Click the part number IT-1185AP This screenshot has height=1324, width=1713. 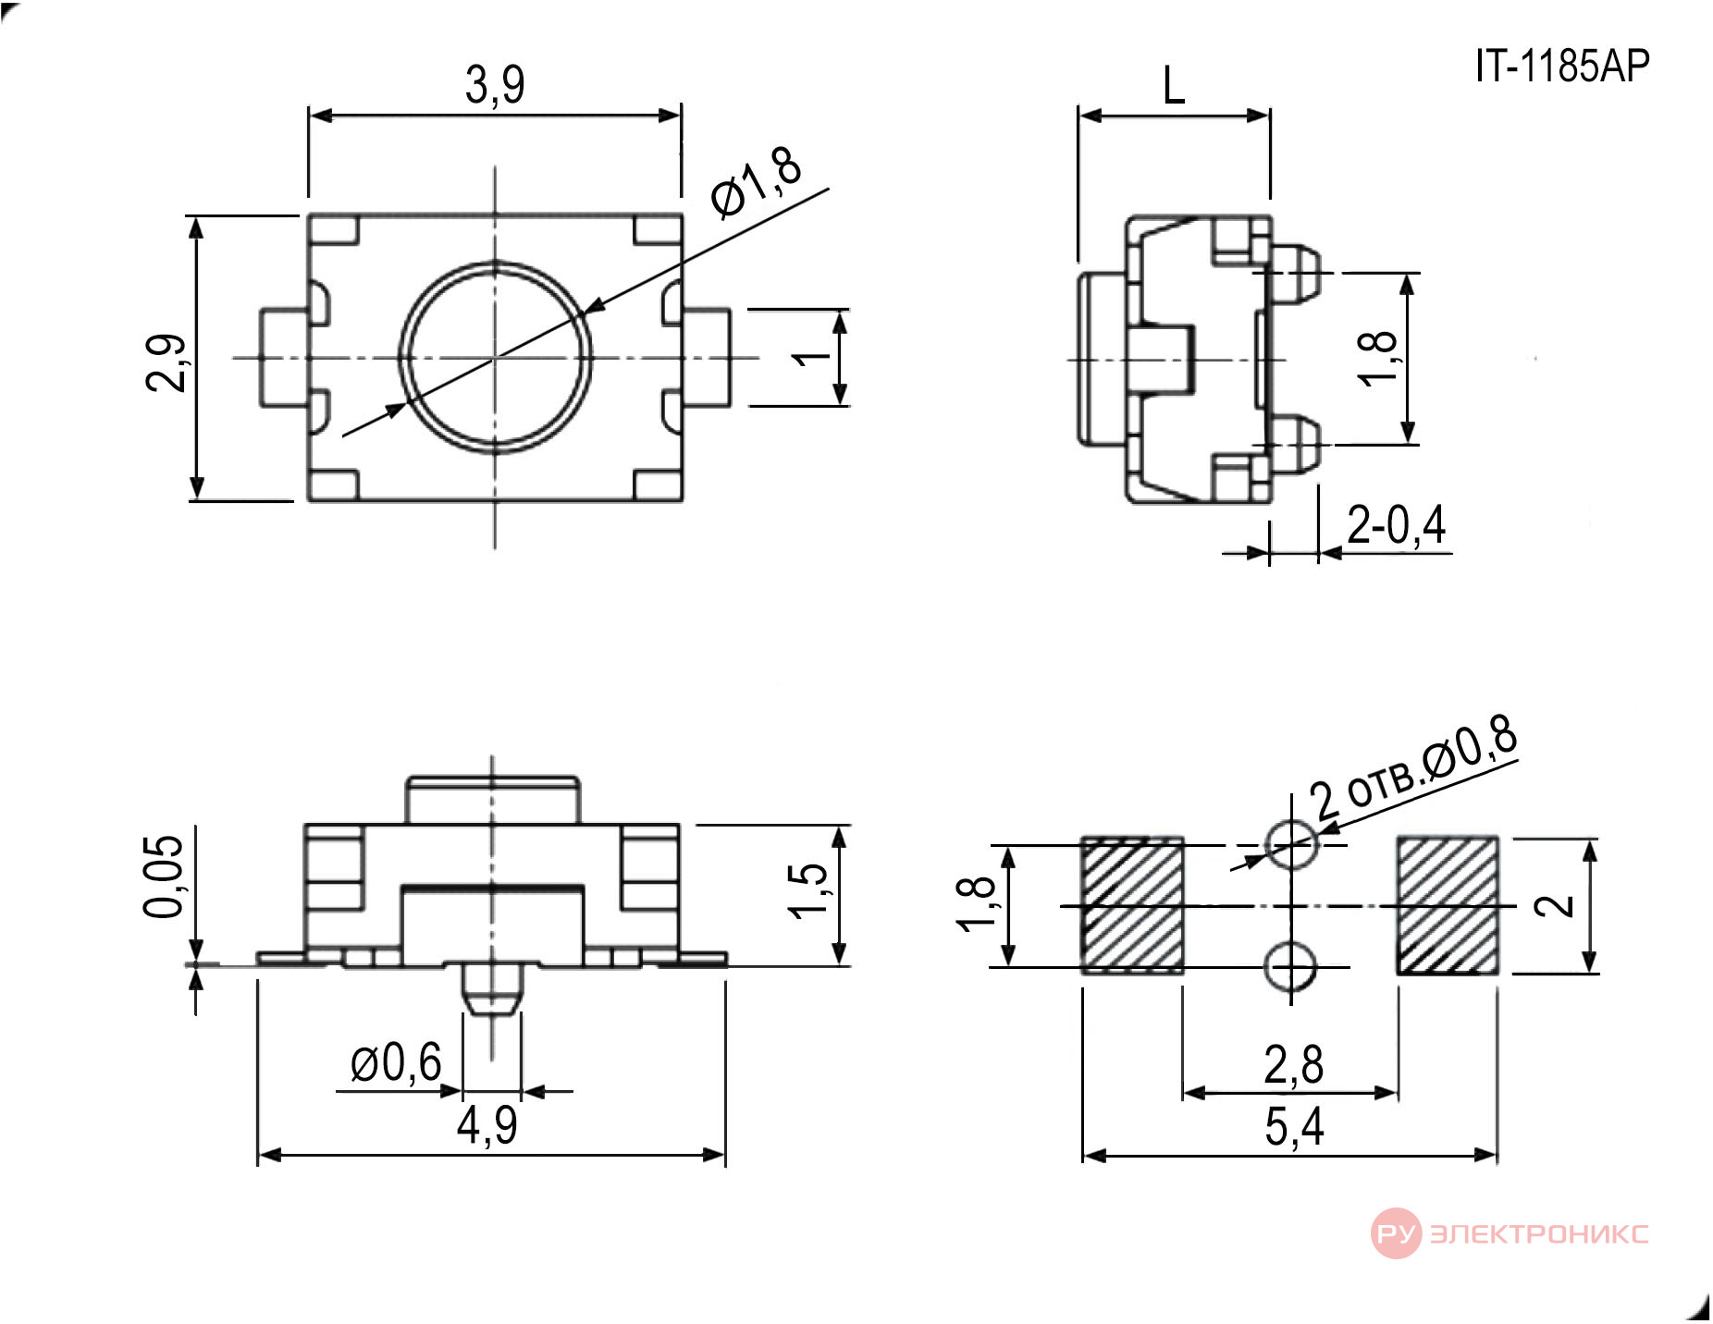[x=1562, y=66]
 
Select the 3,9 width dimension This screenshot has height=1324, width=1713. [x=495, y=85]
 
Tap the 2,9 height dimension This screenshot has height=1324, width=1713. [x=167, y=362]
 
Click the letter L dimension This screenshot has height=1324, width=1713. [x=1173, y=87]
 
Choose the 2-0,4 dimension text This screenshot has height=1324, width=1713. [x=1397, y=525]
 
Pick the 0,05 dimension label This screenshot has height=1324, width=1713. [x=165, y=876]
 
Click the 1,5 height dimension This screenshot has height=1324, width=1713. [x=809, y=890]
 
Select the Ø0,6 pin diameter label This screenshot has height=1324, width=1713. [x=396, y=1062]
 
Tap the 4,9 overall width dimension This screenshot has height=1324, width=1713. [x=487, y=1125]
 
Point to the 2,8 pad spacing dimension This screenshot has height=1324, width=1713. [x=1293, y=1064]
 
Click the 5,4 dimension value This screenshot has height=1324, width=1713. [x=1294, y=1127]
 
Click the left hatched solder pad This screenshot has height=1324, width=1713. [x=1132, y=905]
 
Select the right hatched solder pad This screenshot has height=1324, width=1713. [x=1447, y=905]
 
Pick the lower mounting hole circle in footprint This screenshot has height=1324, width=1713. [x=1291, y=968]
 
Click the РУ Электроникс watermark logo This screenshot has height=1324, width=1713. [x=1510, y=1232]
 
